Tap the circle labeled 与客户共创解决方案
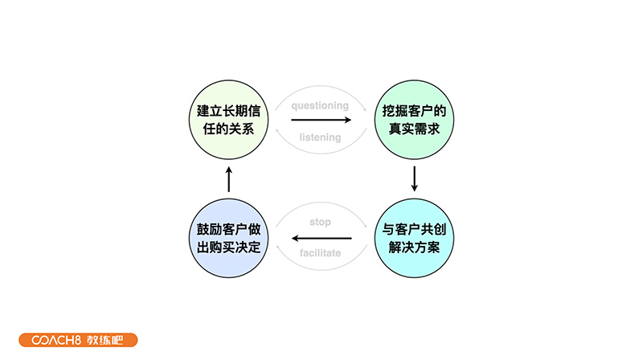click(414, 238)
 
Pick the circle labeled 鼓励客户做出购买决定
click(228, 238)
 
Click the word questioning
click(320, 105)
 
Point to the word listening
click(320, 137)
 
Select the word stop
click(320, 222)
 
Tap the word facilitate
click(320, 253)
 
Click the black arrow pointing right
click(321, 121)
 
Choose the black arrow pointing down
click(415, 178)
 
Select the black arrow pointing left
click(321, 239)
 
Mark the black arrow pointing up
click(228, 178)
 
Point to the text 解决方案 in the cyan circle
click(414, 247)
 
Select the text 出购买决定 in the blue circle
click(228, 247)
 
